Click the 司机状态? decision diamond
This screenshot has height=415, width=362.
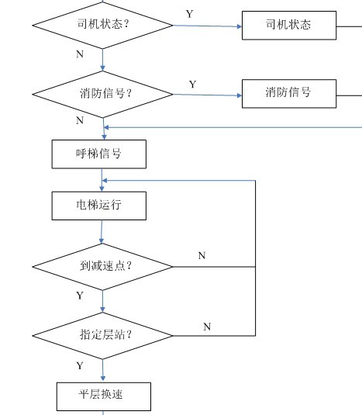click(102, 26)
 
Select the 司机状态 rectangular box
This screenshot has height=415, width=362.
click(289, 26)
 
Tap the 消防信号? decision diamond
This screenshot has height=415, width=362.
click(102, 94)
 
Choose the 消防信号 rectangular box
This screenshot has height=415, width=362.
click(289, 94)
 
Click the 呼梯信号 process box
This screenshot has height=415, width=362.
click(99, 154)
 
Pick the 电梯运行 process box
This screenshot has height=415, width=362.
click(99, 206)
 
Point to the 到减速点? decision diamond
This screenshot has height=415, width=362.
click(102, 267)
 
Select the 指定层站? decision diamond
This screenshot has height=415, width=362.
click(102, 336)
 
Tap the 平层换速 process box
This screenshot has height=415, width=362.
click(104, 396)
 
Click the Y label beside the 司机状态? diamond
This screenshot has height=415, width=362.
click(190, 14)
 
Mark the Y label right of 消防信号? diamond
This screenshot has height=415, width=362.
click(192, 85)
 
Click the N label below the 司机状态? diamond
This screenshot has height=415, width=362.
click(80, 54)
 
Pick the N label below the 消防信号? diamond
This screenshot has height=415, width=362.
click(80, 120)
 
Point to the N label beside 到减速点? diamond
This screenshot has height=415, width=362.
click(202, 255)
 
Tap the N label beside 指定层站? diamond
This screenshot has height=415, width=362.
click(207, 327)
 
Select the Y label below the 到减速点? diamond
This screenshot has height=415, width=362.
click(80, 296)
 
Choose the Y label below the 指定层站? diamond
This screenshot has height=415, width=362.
click(80, 366)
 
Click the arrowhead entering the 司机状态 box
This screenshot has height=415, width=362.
click(240, 26)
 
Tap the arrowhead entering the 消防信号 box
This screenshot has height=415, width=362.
click(240, 95)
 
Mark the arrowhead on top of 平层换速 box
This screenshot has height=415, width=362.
click(103, 379)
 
